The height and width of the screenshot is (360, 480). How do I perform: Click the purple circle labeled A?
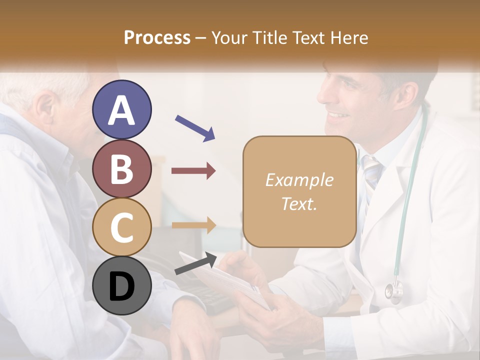pyautogui.click(x=122, y=109)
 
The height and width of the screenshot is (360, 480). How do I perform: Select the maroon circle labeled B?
pyautogui.click(x=122, y=169)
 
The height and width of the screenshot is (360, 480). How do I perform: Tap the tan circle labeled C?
pyautogui.click(x=122, y=226)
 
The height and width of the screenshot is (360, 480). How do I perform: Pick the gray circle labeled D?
pyautogui.click(x=122, y=286)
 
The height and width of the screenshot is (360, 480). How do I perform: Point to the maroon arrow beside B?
pyautogui.click(x=194, y=171)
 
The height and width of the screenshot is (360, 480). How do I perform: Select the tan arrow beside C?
pyautogui.click(x=194, y=225)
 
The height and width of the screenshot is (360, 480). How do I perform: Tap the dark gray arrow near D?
pyautogui.click(x=196, y=264)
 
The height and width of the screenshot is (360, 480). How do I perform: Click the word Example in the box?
pyautogui.click(x=299, y=180)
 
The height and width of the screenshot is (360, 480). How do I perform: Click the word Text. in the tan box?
pyautogui.click(x=299, y=203)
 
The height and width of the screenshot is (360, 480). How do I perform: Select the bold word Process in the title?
pyautogui.click(x=157, y=37)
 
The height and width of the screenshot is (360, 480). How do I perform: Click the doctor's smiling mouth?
pyautogui.click(x=339, y=116)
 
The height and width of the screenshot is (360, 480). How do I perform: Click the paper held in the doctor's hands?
pyautogui.click(x=225, y=280)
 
